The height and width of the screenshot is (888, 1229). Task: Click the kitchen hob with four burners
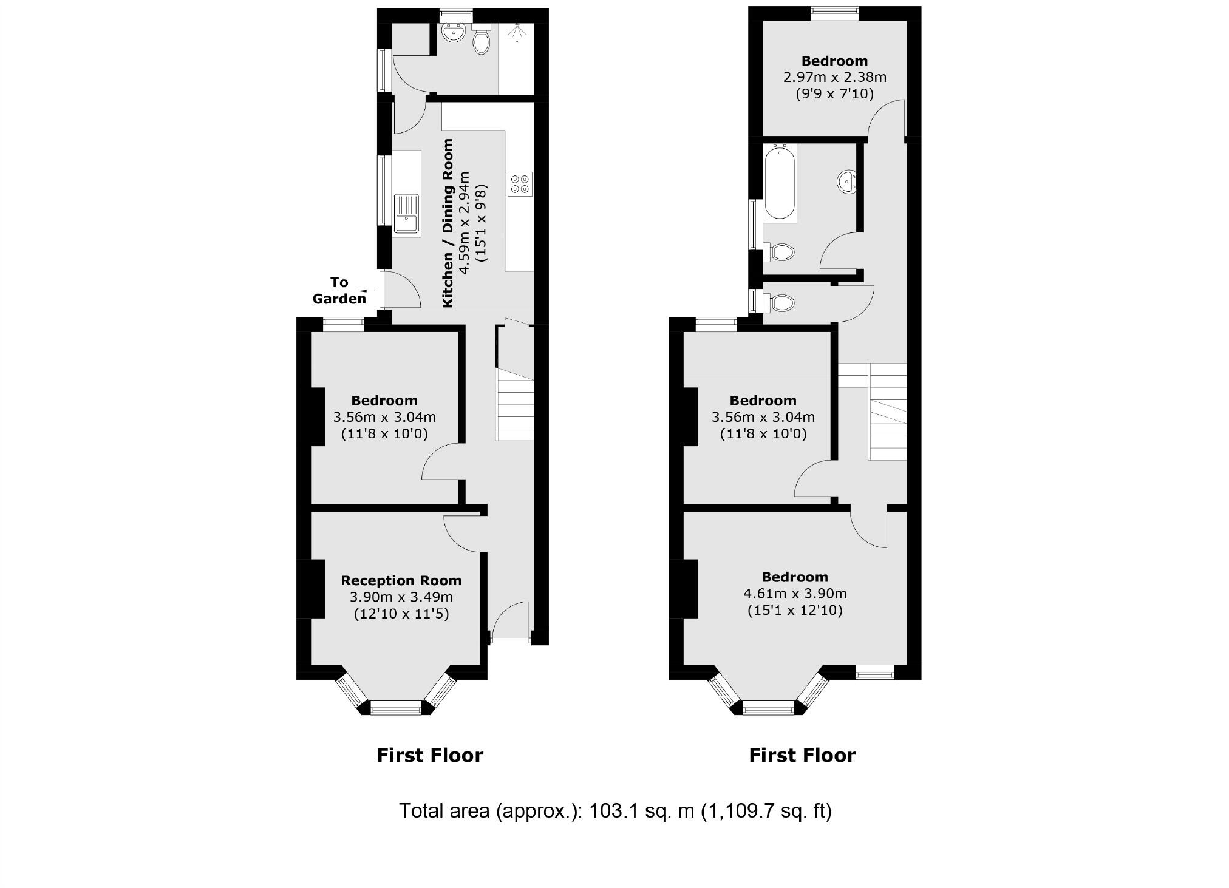point(520,184)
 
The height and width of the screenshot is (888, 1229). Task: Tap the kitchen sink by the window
point(406,214)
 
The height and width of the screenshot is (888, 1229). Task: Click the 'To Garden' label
point(339,290)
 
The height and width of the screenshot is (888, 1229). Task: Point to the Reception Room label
point(401,580)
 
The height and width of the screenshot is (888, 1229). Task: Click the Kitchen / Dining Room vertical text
point(448,223)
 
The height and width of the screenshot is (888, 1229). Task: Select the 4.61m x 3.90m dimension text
point(795,594)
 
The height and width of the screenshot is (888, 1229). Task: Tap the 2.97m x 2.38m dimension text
point(834,77)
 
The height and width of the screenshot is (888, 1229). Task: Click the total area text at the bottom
point(614,810)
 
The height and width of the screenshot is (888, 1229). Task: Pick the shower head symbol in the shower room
point(517,33)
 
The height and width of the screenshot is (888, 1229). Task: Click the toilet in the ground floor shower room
point(481,41)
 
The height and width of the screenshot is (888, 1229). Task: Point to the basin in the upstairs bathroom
point(847,181)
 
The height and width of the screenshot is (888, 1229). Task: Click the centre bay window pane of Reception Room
point(396,707)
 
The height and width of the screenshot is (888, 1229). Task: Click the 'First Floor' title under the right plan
point(802,755)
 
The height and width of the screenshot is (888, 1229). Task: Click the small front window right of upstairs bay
point(874,672)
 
